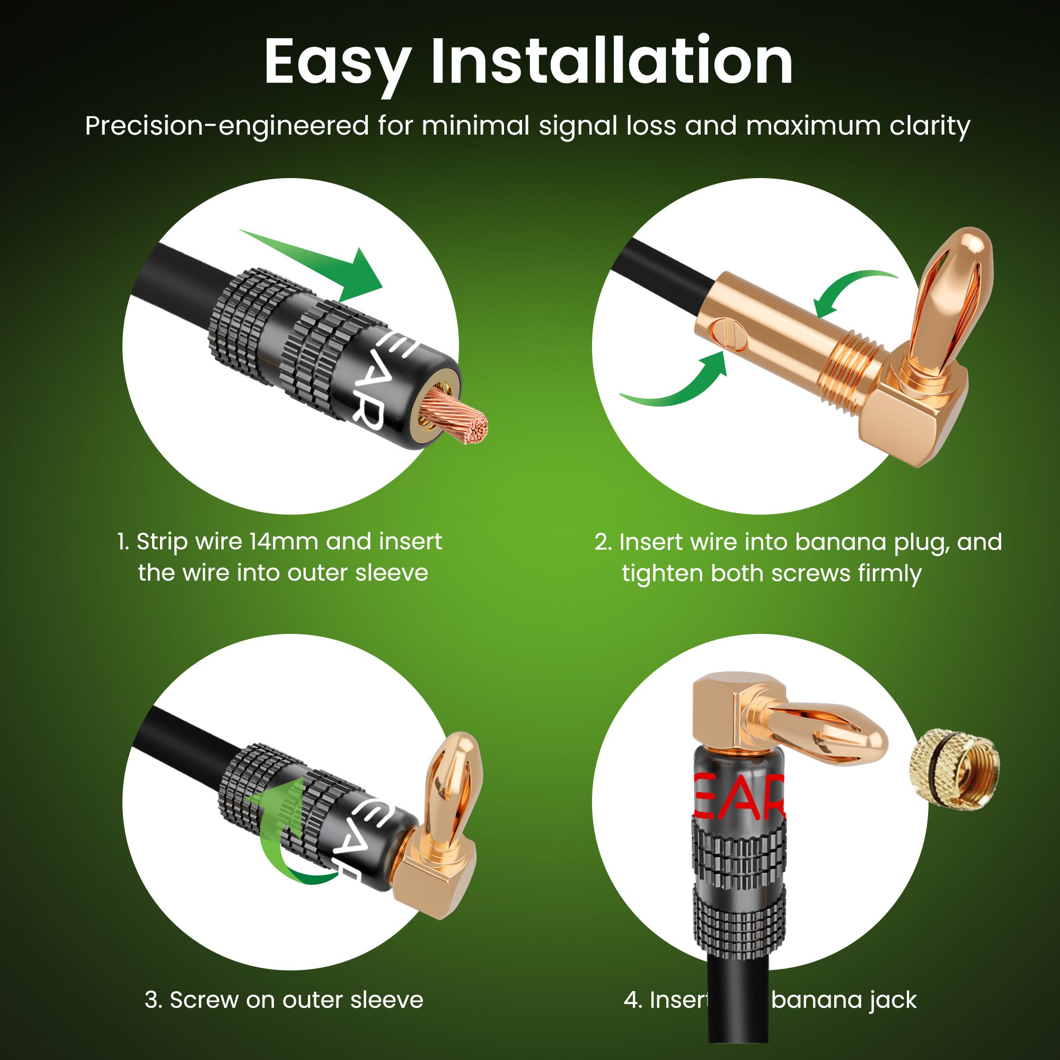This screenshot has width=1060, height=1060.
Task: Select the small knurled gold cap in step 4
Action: click(954, 767)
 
